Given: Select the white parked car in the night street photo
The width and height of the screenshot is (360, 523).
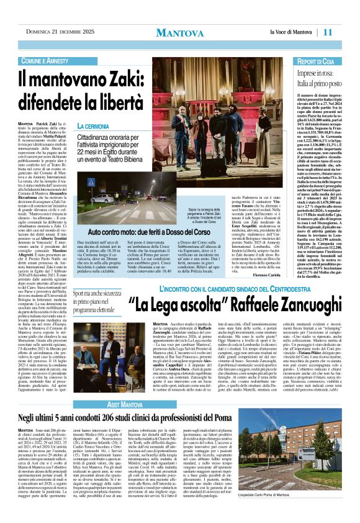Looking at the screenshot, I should pyautogui.click(x=102, y=199).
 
